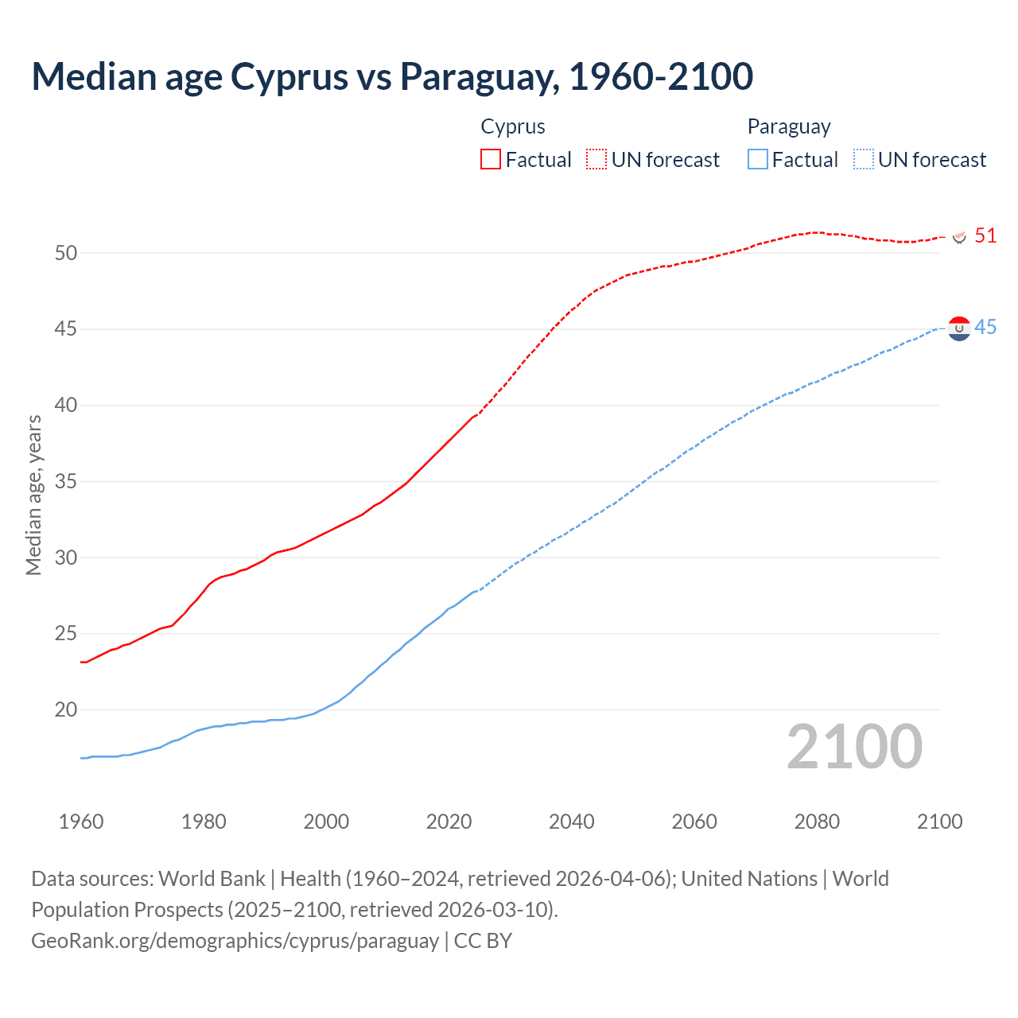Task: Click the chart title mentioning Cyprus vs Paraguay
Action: [392, 76]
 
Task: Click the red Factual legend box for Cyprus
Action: [491, 159]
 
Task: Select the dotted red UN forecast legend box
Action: [596, 159]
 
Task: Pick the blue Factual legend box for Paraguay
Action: [758, 159]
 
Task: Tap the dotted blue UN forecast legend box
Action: [863, 159]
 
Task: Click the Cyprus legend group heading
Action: [513, 126]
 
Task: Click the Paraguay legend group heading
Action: [788, 126]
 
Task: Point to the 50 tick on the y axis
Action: [66, 253]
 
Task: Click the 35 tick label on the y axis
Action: [66, 481]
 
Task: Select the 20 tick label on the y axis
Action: [66, 709]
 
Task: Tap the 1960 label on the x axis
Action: [81, 822]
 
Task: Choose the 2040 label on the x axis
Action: [572, 822]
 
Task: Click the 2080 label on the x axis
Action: [817, 822]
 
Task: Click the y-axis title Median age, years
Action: [33, 495]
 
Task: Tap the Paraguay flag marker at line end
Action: [960, 328]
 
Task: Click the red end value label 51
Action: [985, 235]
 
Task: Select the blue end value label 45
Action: [985, 328]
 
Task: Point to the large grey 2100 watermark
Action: [854, 747]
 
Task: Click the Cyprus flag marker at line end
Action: [960, 236]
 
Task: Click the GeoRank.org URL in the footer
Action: [235, 941]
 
